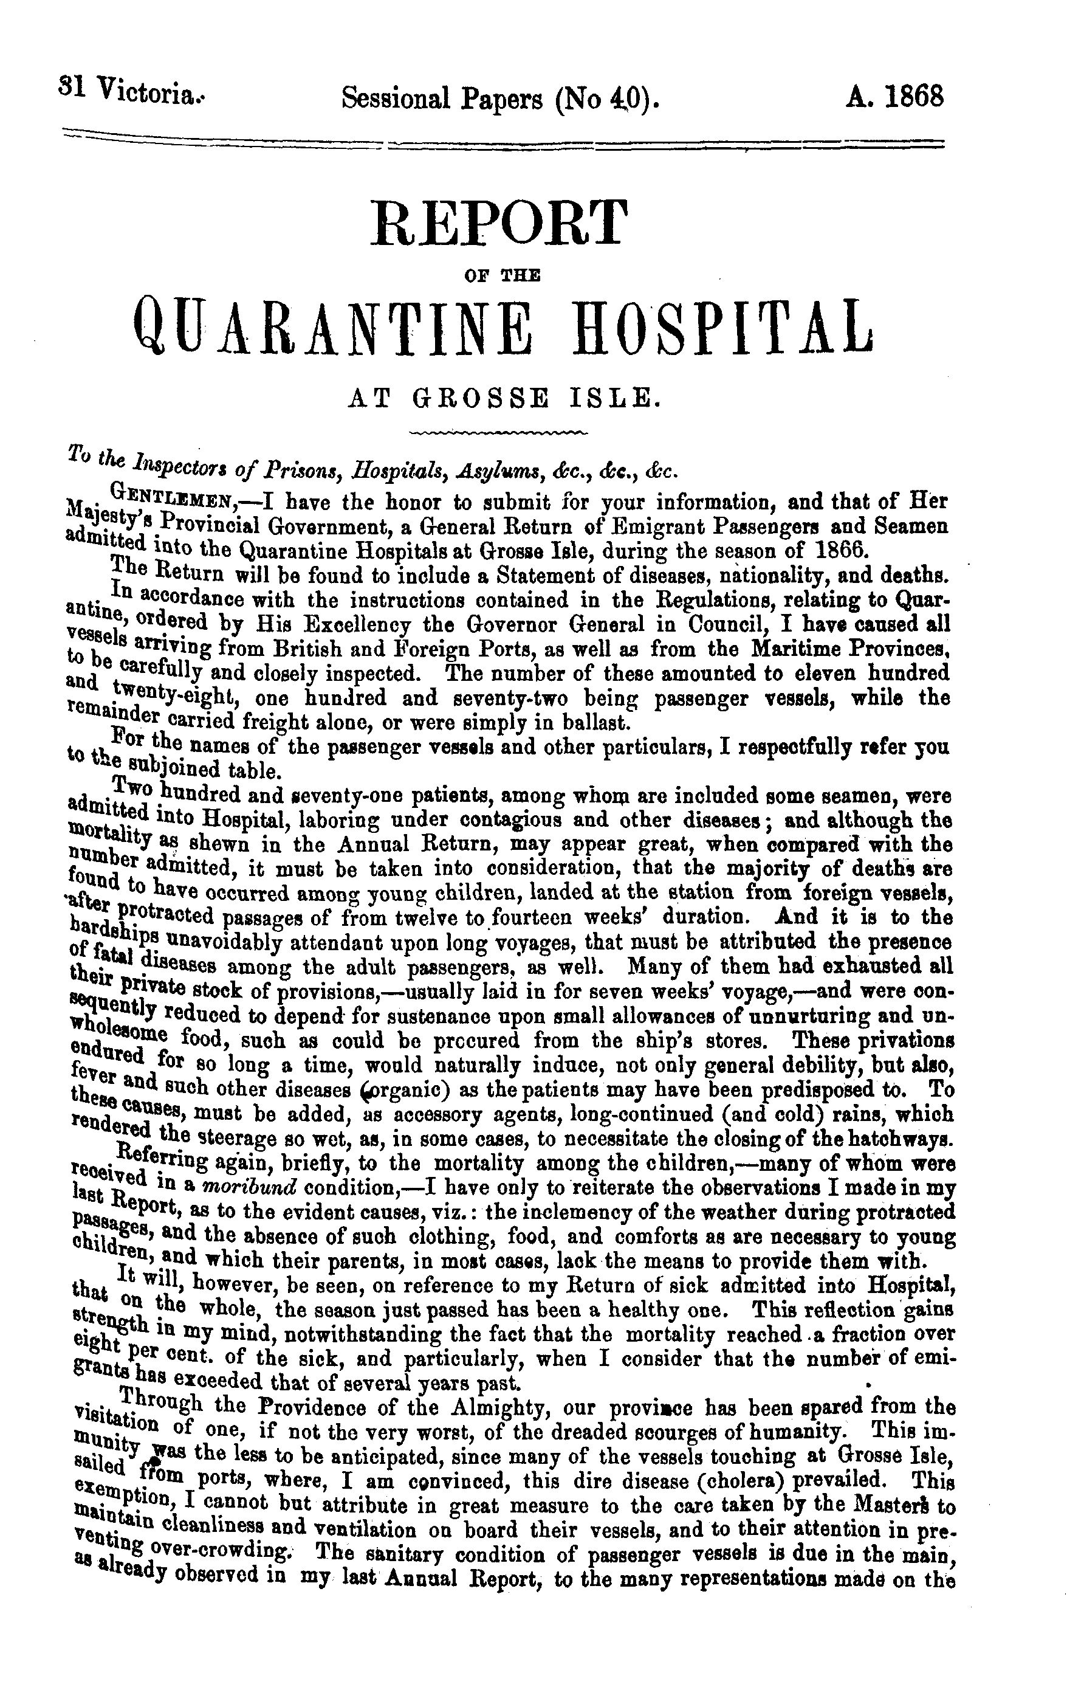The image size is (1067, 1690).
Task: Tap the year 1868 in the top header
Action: (x=913, y=95)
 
